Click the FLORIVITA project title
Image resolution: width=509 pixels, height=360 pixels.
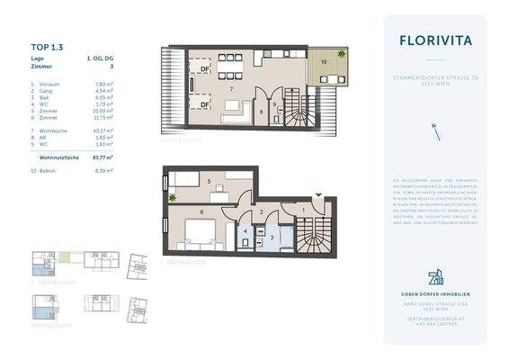[434, 40]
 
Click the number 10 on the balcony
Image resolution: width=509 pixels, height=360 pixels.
[324, 62]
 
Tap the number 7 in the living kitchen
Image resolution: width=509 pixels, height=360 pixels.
[232, 92]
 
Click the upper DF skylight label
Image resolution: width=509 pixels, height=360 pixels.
[205, 68]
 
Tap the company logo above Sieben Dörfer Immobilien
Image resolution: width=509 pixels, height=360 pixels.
[434, 276]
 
